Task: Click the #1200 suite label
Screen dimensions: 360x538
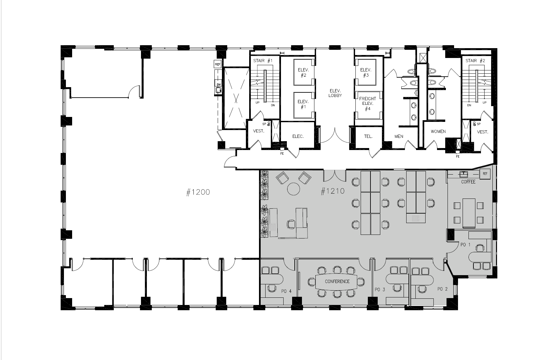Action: click(x=198, y=192)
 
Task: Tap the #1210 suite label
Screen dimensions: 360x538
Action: click(x=333, y=191)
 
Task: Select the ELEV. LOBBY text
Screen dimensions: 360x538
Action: click(x=335, y=93)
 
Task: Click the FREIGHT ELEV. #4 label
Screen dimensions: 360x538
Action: click(x=368, y=104)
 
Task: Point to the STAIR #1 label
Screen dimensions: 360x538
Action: click(x=263, y=61)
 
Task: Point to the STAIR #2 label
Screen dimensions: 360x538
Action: click(x=475, y=61)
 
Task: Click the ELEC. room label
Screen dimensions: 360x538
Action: click(x=298, y=136)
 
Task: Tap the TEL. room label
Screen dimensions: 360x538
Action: click(x=368, y=136)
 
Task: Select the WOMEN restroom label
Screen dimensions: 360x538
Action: click(x=438, y=131)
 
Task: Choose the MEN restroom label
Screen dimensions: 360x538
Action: click(x=399, y=136)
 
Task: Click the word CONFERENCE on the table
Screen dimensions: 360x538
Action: click(x=337, y=281)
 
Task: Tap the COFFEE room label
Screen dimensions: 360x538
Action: click(x=468, y=182)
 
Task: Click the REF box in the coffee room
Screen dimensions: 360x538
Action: click(x=485, y=174)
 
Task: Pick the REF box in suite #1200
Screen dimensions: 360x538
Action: click(x=217, y=65)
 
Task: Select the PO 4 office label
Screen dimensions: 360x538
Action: click(x=286, y=290)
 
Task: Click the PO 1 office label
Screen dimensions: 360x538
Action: click(x=465, y=244)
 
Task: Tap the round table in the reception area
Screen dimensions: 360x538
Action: click(x=293, y=189)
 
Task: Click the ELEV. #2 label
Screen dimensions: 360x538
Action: click(x=303, y=72)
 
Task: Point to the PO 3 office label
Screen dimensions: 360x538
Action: click(x=380, y=290)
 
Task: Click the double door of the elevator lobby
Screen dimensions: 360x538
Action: click(x=335, y=135)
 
